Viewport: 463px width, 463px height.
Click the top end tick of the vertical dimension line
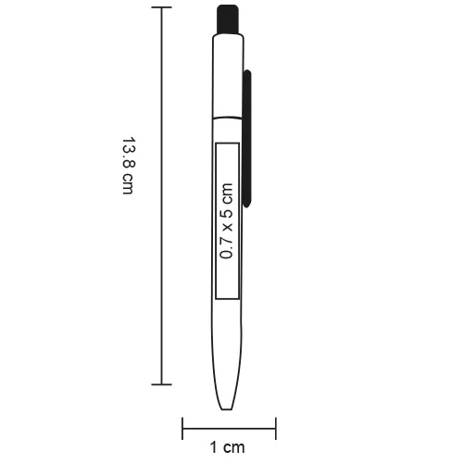pyautogui.click(x=163, y=7)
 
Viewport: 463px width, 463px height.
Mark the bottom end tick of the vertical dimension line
pyautogui.click(x=163, y=384)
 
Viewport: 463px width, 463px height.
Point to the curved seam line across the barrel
pyautogui.click(x=228, y=118)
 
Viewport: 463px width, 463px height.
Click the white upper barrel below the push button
pyautogui.click(x=228, y=74)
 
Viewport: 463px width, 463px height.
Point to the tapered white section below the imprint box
pyautogui.click(x=228, y=352)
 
